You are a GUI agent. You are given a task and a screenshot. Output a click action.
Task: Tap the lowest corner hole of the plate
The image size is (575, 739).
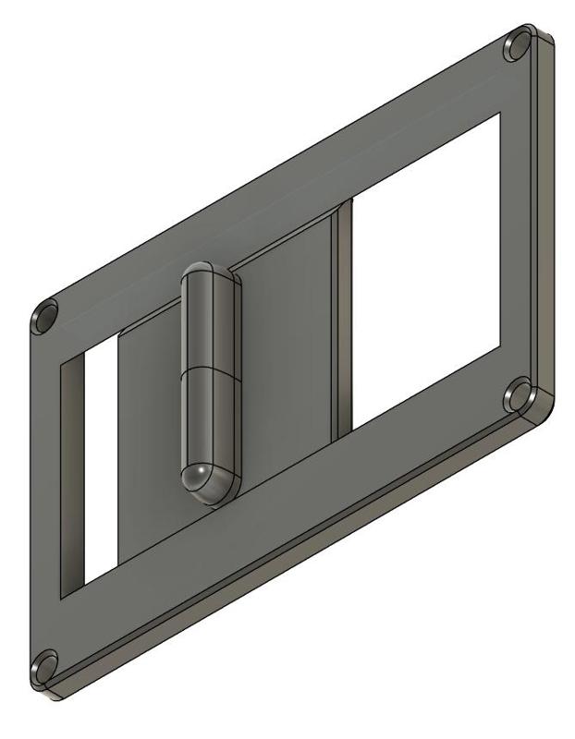(x=43, y=666)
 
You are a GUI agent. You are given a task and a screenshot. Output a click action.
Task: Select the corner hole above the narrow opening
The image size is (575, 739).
(x=44, y=319)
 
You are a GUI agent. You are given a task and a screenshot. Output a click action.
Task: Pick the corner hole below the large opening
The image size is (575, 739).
(x=519, y=397)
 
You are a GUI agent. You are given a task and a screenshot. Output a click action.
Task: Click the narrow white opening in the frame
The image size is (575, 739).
(x=100, y=462)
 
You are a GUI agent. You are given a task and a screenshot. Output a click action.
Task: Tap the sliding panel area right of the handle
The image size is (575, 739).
(x=287, y=351)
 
